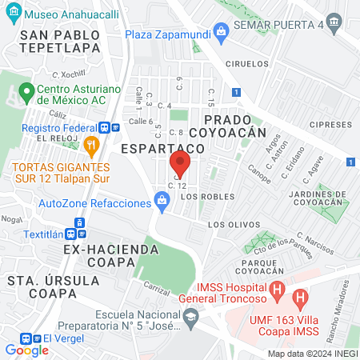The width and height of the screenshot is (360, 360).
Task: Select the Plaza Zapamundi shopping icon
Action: pyautogui.click(x=222, y=30)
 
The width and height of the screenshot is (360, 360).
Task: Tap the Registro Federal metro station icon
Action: pyautogui.click(x=105, y=127)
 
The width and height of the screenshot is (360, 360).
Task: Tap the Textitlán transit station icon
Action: pyautogui.click(x=72, y=234)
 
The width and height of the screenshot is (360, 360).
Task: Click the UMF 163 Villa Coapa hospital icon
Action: pyautogui.click(x=301, y=301)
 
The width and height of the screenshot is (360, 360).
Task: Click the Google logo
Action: pyautogui.click(x=26, y=350)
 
